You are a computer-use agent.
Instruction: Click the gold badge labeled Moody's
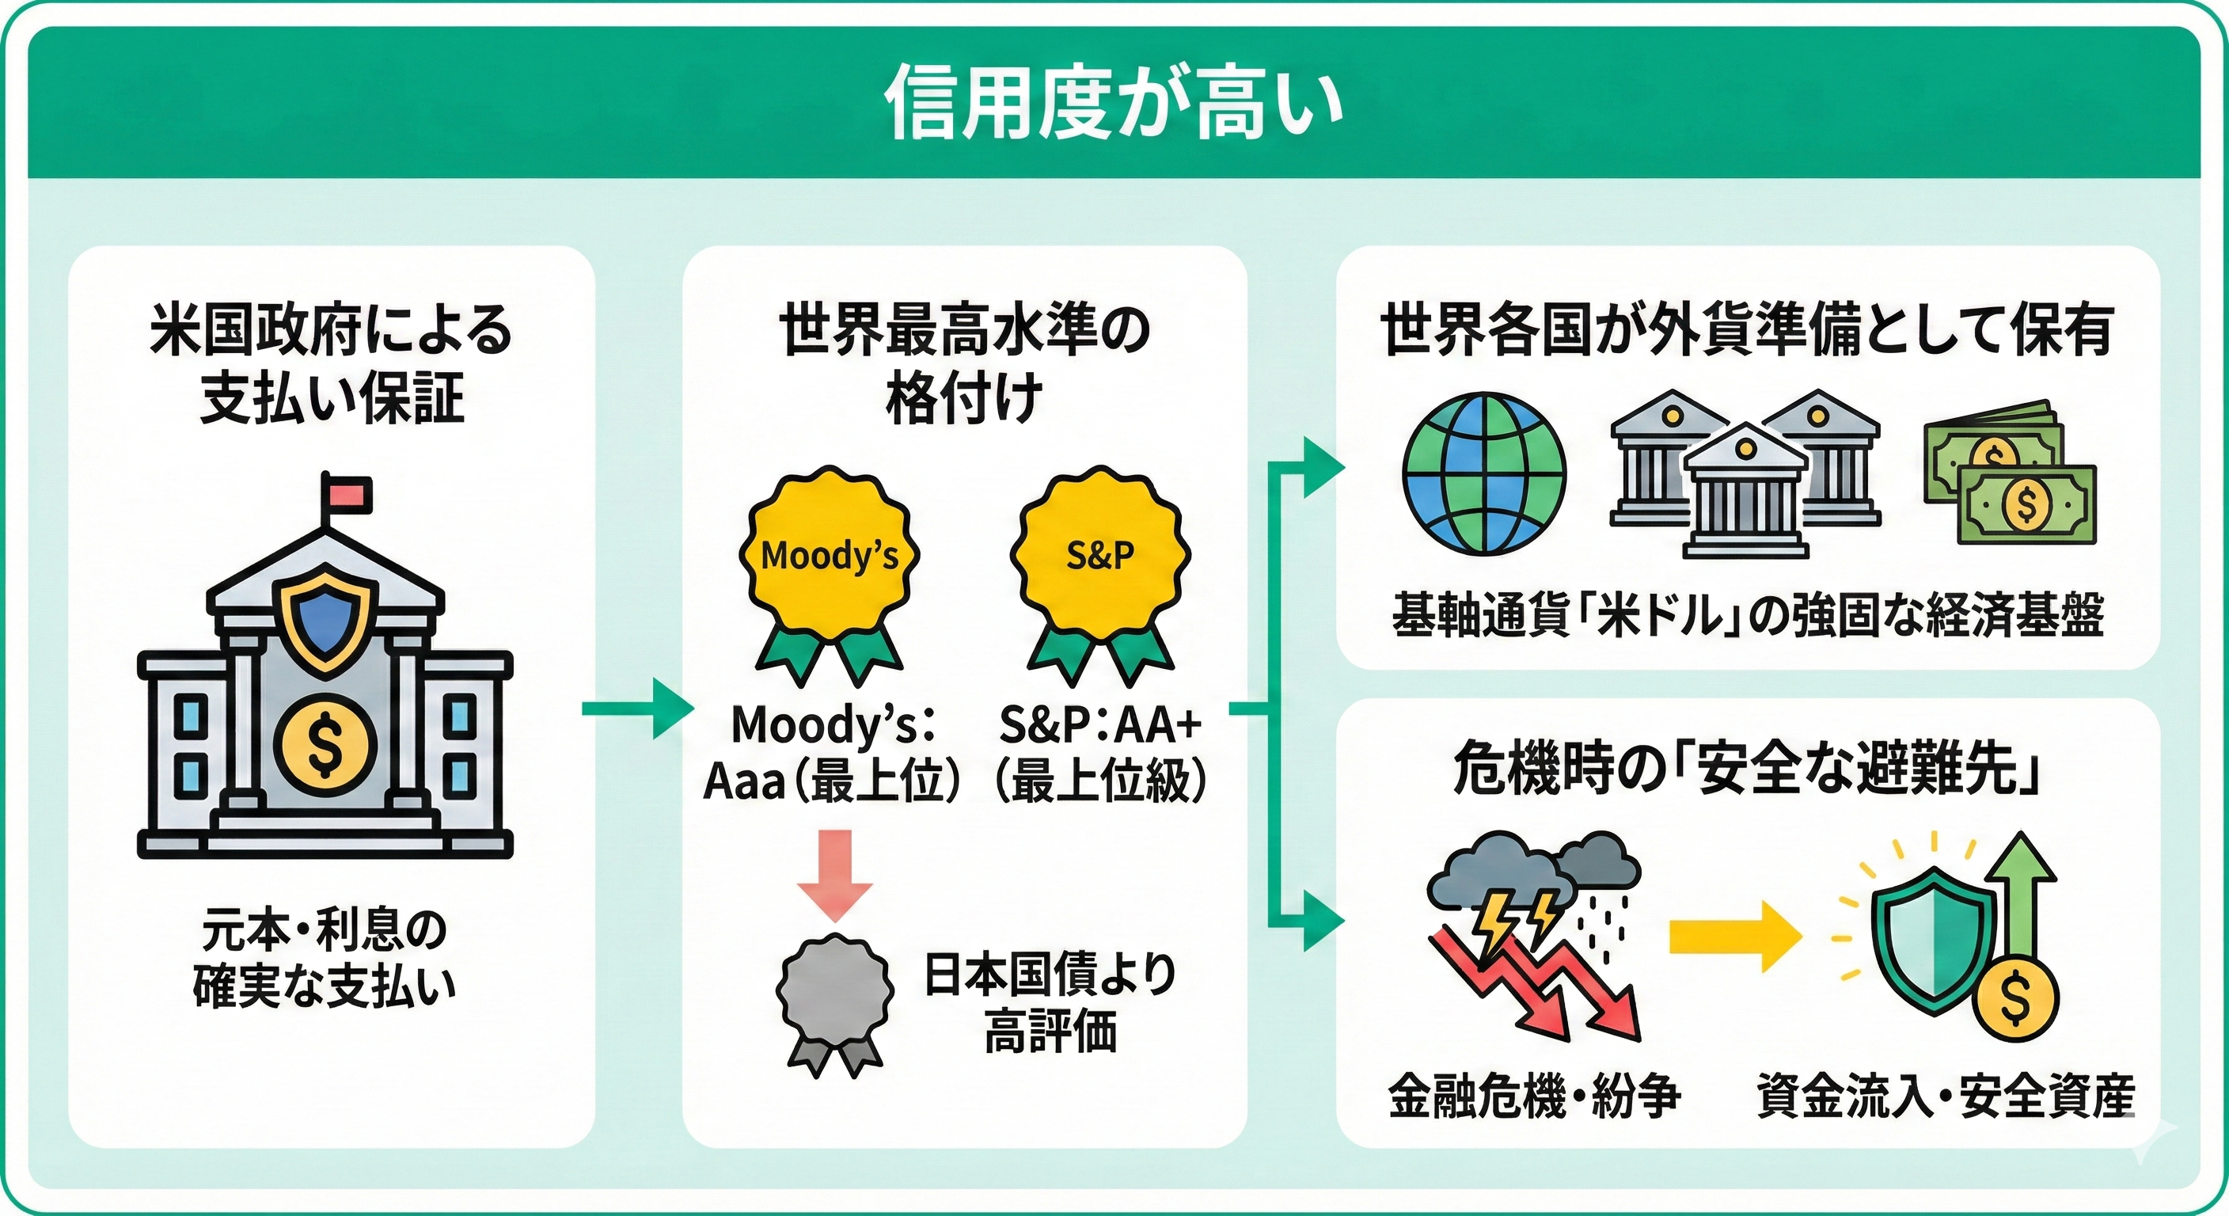click(x=828, y=554)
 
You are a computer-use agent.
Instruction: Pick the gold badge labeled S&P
click(x=1099, y=554)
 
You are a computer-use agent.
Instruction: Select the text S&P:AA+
click(x=1099, y=724)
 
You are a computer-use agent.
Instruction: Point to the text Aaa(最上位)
click(x=830, y=781)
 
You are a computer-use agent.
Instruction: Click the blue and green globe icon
click(x=1484, y=473)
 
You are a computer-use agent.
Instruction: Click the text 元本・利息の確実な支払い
click(x=325, y=958)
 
